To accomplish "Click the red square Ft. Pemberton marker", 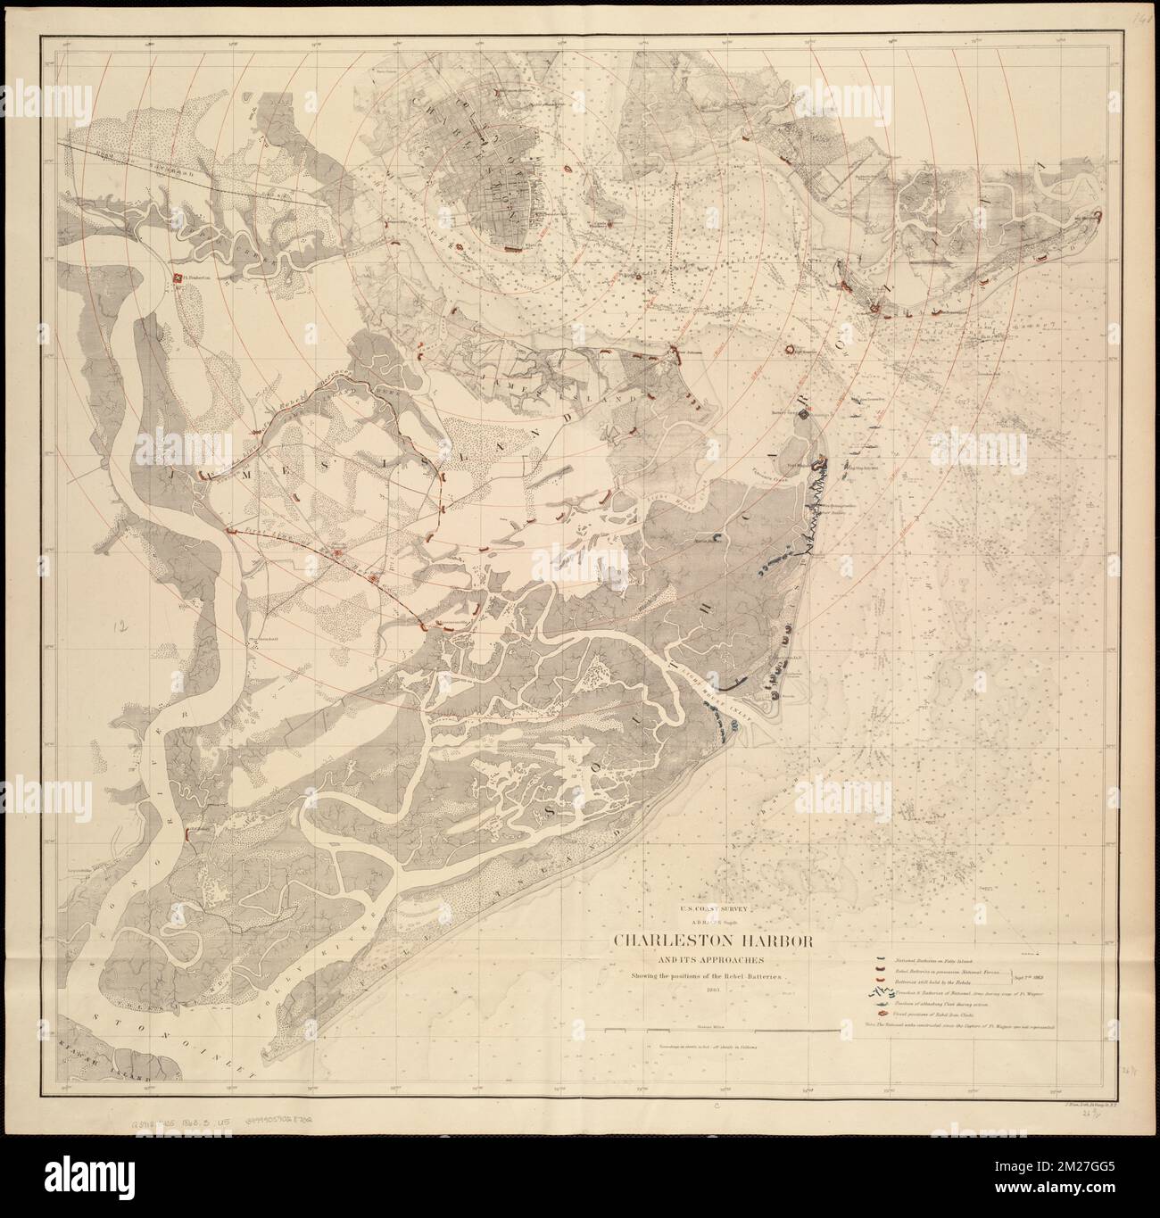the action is [178, 281].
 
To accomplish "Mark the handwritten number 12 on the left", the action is [119, 627].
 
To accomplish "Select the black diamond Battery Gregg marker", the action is [805, 414].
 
